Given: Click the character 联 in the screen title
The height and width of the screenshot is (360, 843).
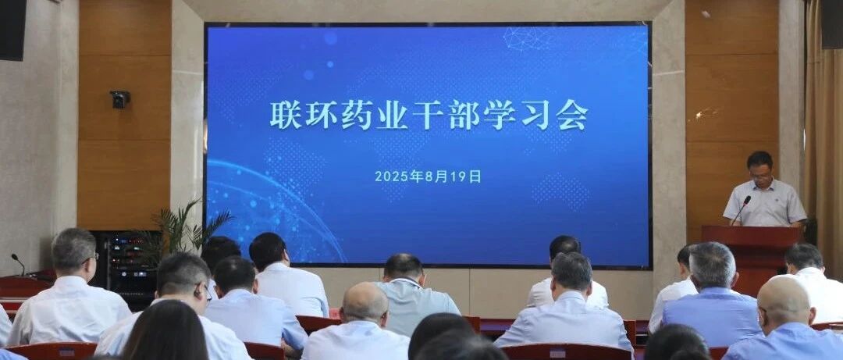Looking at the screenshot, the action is point(286,114).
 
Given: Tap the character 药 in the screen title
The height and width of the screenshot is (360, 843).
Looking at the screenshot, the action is point(357,114).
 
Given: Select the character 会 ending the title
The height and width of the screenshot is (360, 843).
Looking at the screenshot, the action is point(572,114).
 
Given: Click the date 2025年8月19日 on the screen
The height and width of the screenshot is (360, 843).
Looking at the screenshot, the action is point(428,176).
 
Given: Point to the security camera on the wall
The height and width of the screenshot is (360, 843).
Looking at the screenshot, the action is point(119,98).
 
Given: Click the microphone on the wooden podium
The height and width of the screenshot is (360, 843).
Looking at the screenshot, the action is point(742,210).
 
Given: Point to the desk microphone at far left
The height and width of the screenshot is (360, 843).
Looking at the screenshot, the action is point(18,264).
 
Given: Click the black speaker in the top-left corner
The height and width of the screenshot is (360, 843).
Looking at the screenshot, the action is point(12,30).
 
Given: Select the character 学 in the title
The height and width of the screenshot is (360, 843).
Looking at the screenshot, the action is point(500,114).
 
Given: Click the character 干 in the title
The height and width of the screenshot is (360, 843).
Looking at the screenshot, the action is point(428,114).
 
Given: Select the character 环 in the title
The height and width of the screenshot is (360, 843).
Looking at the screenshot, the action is point(321,114).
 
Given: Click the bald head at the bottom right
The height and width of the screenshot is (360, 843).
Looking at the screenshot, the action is point(783,302).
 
